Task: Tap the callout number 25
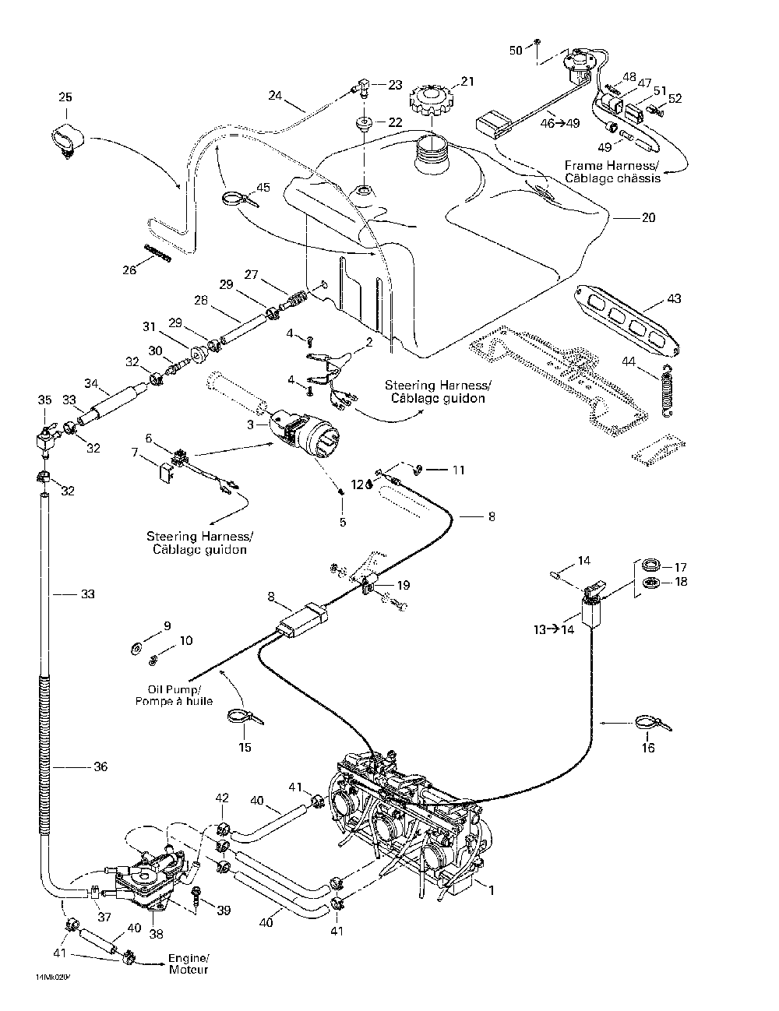click(x=65, y=97)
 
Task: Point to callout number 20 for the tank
click(x=648, y=218)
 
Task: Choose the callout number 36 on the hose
click(x=100, y=766)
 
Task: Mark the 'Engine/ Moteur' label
click(x=189, y=963)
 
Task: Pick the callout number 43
click(x=674, y=299)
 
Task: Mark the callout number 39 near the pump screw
click(x=224, y=911)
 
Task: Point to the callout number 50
click(x=516, y=51)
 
